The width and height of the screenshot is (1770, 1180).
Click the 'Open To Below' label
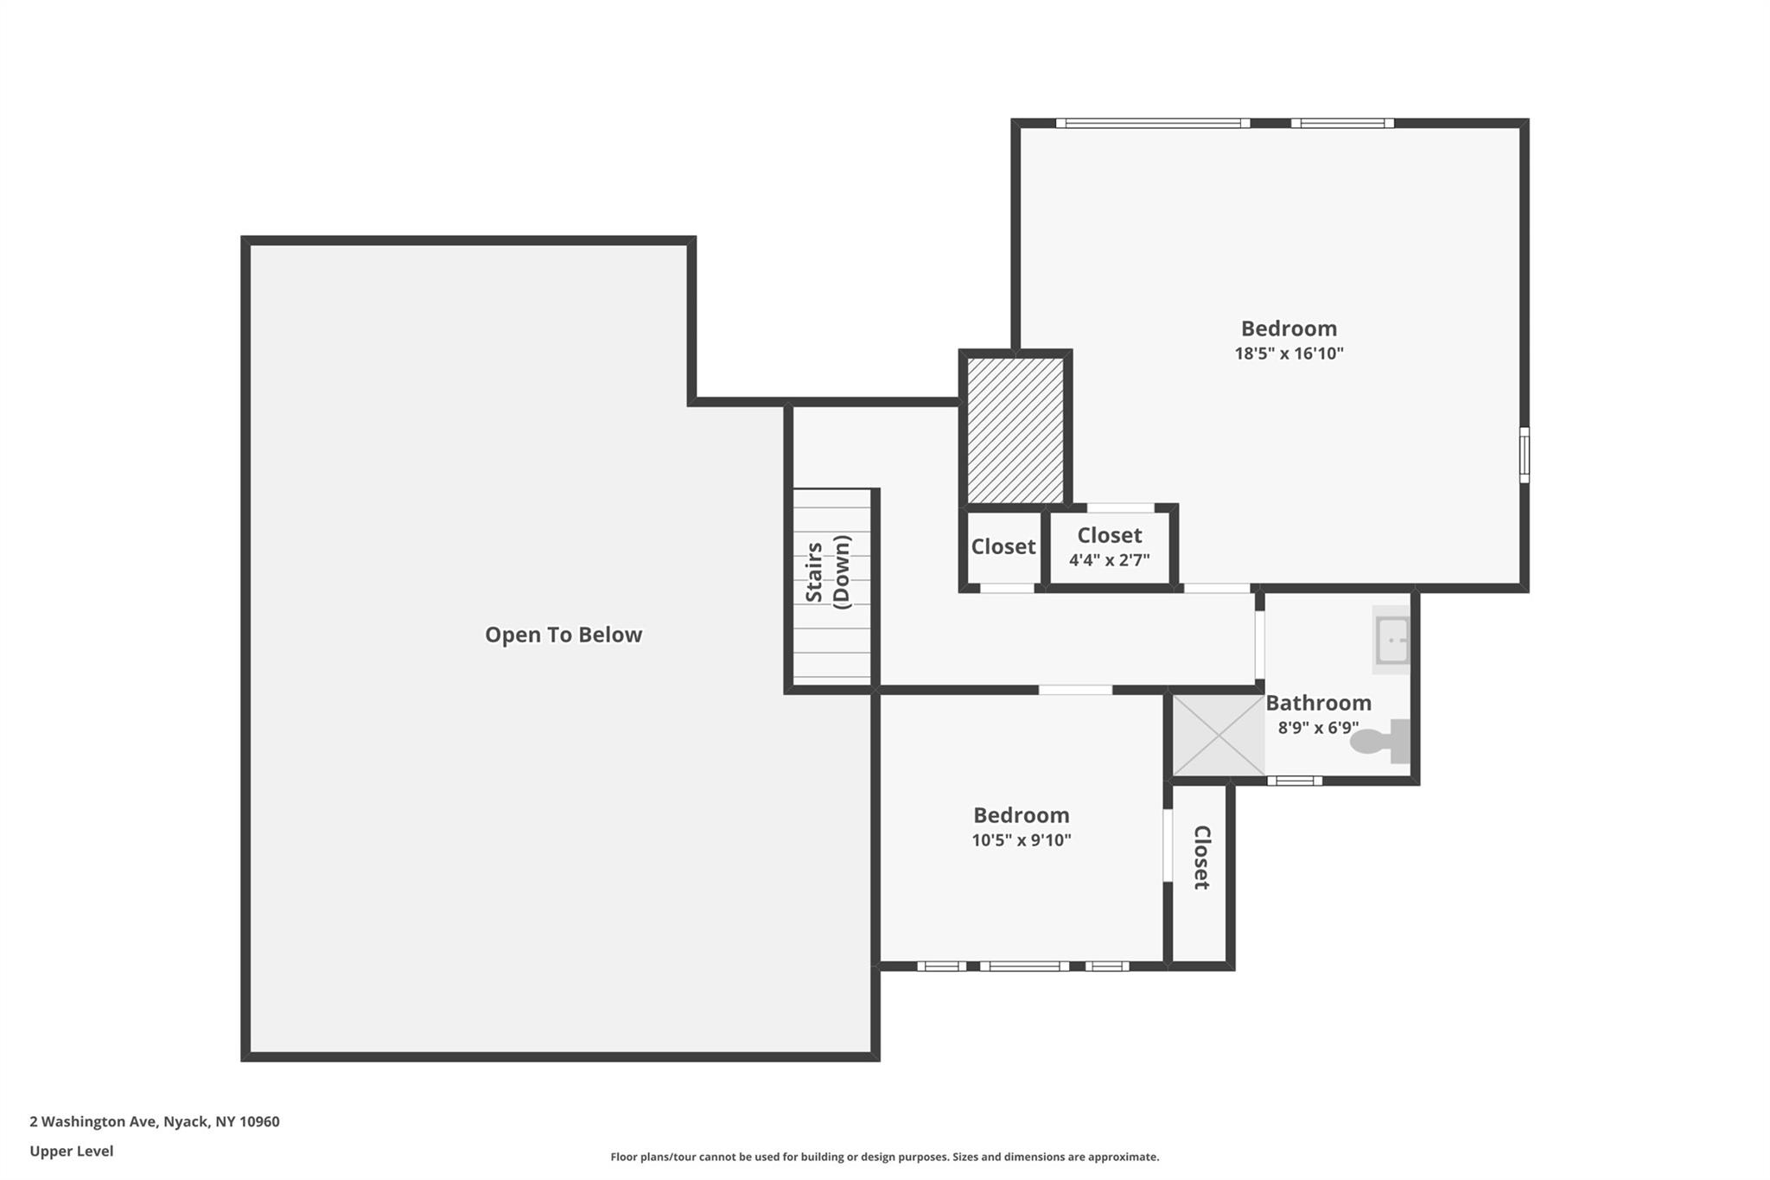563,635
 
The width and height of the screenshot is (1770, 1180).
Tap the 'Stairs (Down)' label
828,572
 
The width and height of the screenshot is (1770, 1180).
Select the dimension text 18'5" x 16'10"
1289,354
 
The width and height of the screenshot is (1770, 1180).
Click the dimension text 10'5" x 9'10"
1021,840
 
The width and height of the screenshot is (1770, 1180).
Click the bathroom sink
1391,641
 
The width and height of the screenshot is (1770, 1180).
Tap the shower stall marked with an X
1218,735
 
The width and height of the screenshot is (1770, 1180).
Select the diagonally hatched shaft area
1015,431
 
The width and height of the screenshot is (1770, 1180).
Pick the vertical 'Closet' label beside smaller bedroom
1201,857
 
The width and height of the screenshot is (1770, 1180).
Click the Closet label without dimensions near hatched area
1003,546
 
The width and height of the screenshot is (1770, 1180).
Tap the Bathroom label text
1318,703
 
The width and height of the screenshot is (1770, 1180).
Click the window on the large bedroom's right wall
1524,455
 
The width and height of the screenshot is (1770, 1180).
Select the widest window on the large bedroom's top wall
1152,123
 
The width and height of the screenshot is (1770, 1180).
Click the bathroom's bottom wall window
1294,781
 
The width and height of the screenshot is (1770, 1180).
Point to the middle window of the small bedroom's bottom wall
1024,966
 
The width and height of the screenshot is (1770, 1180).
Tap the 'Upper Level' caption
71,1151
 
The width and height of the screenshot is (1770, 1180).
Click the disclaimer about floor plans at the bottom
884,1157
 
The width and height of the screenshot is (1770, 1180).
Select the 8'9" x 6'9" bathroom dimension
1318,728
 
